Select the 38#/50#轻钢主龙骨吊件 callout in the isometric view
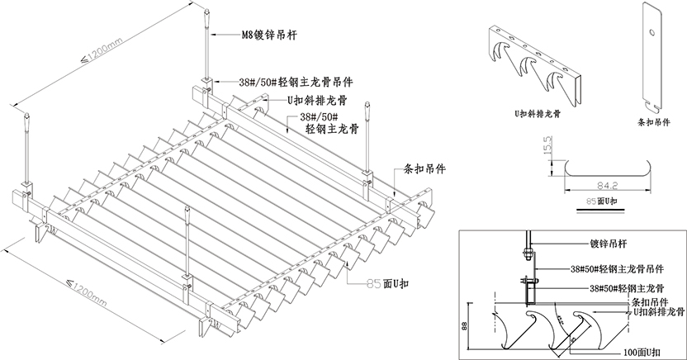click(295, 83)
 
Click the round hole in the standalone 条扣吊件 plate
click(652, 33)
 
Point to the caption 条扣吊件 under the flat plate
click(656, 121)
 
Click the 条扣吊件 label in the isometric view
click(426, 167)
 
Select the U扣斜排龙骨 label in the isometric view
click(316, 100)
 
